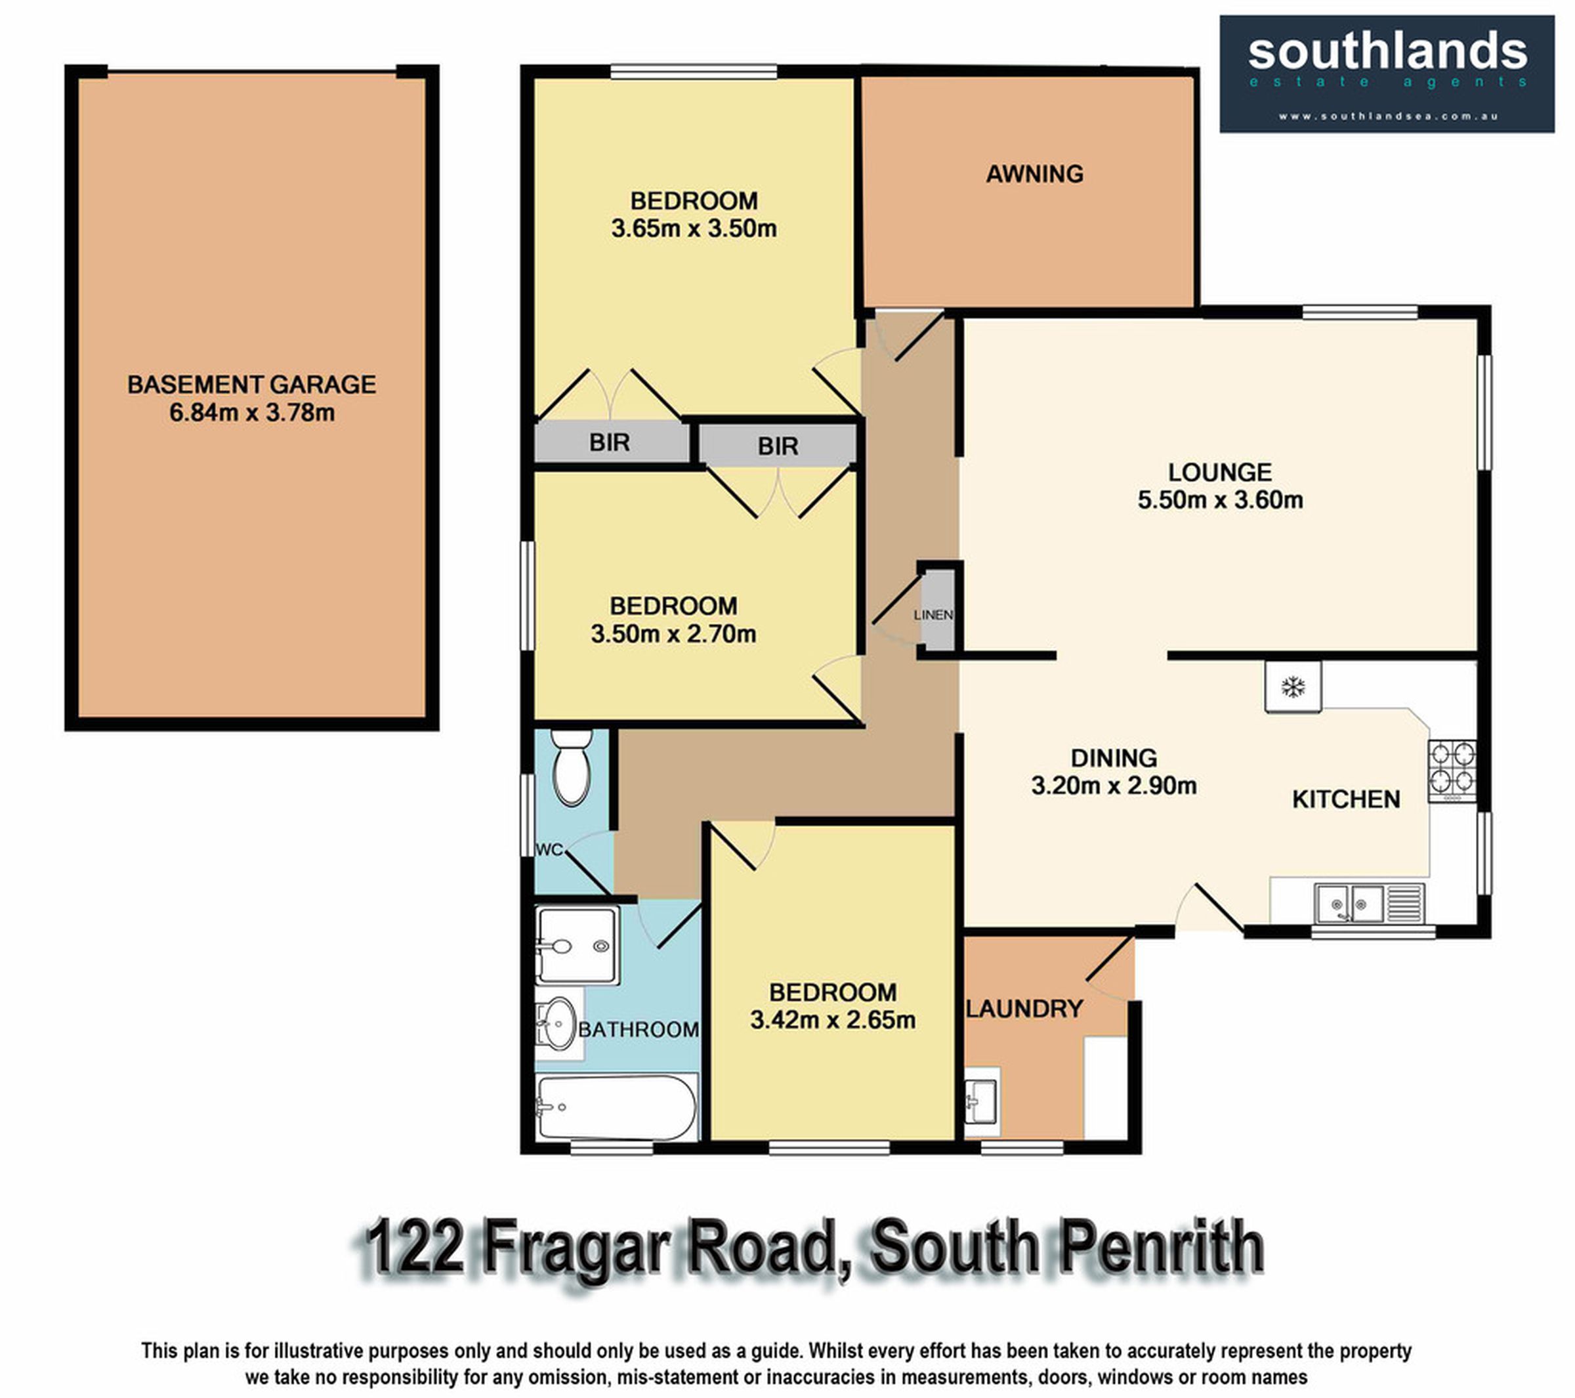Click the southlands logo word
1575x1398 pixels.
pos(1387,53)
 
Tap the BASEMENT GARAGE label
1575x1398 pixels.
pos(251,385)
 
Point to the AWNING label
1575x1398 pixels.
pos(1035,174)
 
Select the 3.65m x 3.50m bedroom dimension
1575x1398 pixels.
pos(694,229)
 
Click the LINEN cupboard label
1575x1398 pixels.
pos(933,615)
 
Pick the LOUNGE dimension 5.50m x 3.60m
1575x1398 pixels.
pos(1221,500)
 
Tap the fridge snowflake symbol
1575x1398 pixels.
pos(1292,687)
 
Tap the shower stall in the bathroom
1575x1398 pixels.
pos(577,946)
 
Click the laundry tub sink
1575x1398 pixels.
pos(981,1101)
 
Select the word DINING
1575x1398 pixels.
pos(1114,758)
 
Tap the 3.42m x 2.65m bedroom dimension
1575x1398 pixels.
pos(833,1021)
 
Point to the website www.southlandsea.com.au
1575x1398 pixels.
pos(1388,116)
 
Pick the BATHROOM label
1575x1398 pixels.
pos(639,1030)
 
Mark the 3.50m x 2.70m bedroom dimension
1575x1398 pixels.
pos(673,634)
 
